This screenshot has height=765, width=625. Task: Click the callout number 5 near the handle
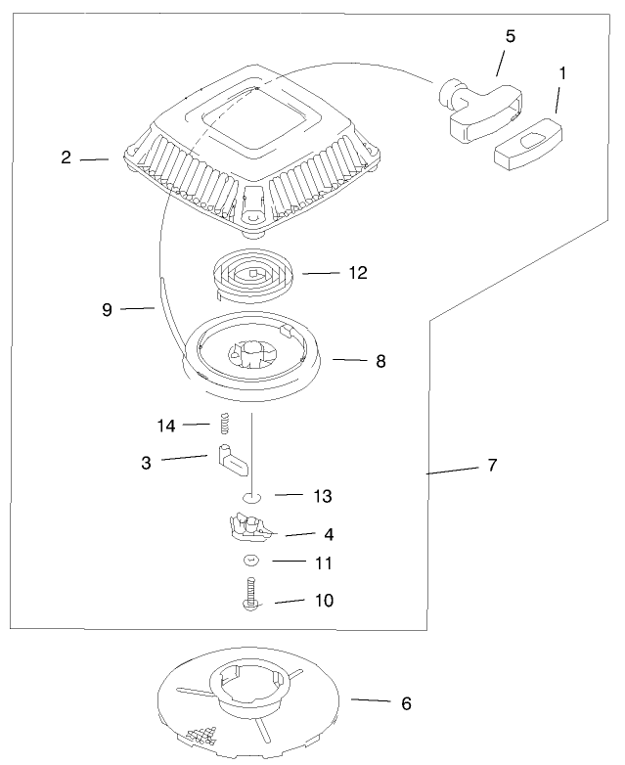coord(510,36)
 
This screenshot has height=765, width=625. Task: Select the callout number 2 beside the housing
coord(66,157)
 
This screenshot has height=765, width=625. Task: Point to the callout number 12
coord(357,272)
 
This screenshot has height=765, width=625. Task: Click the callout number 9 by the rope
coord(108,309)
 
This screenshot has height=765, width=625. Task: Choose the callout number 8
coord(380,361)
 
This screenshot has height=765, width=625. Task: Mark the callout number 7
coord(492,466)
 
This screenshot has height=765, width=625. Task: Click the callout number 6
coord(406,702)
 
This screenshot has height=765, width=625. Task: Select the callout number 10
coord(323,600)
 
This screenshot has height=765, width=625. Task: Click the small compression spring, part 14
coord(222,425)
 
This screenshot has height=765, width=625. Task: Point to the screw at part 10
coord(251,596)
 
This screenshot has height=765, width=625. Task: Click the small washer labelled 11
coord(251,561)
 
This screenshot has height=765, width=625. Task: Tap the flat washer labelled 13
coord(252,497)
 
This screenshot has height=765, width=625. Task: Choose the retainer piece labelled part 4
coord(250,527)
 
